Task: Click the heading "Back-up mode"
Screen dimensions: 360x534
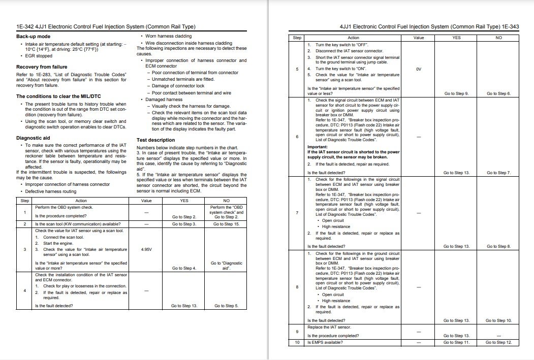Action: [x=33, y=37]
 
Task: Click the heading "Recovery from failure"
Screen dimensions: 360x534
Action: [x=42, y=67]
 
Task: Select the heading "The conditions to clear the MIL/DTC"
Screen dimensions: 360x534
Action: [x=55, y=96]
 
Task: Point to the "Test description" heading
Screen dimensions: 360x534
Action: [x=155, y=140]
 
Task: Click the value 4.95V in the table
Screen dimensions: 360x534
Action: [x=146, y=249]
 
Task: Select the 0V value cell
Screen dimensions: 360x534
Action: [x=418, y=69]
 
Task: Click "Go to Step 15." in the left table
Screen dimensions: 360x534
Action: [x=226, y=224]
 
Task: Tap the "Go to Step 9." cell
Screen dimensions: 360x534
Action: [x=456, y=93]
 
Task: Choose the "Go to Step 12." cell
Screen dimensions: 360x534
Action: [x=498, y=343]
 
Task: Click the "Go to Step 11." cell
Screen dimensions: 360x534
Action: [x=456, y=343]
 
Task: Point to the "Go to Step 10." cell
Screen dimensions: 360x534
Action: [x=498, y=320]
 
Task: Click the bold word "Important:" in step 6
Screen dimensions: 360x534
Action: [x=318, y=147]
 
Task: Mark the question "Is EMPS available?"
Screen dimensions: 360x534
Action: [x=325, y=343]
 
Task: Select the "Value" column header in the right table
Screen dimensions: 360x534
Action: [x=418, y=38]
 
